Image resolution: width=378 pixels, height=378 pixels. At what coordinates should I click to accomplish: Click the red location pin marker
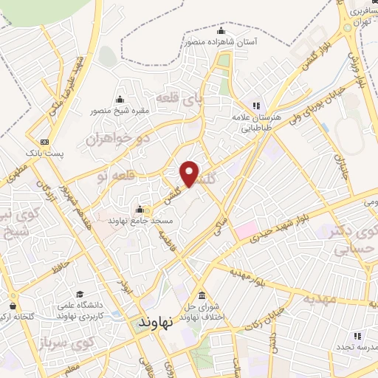(x=190, y=174)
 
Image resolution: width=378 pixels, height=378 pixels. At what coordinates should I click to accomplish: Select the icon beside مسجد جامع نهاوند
(x=139, y=210)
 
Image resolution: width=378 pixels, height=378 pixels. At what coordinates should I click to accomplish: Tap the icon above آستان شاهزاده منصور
(x=221, y=31)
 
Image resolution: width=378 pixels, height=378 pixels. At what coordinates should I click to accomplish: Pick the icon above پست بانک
(x=46, y=140)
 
